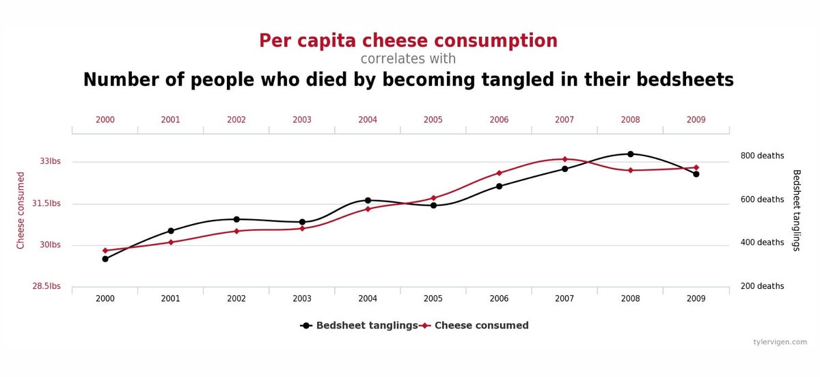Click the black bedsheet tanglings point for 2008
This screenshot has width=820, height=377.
point(630,154)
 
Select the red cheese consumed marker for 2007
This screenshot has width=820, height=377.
point(564,159)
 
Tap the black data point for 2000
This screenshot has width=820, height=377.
point(105,259)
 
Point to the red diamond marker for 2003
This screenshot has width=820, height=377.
point(302,228)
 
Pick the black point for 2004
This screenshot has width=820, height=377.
point(368,201)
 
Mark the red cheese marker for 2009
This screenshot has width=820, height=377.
point(696,167)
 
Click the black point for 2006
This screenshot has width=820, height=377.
point(499,186)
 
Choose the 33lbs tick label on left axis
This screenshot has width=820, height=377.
point(50,162)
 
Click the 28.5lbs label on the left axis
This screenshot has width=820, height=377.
point(46,286)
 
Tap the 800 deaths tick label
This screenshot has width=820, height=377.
point(762,156)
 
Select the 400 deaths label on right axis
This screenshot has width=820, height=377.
point(762,242)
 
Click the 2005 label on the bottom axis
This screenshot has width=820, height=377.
point(433,298)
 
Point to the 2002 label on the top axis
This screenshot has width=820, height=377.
point(236,120)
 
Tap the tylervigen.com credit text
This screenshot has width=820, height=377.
point(780,342)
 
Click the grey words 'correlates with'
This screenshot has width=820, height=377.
point(408,59)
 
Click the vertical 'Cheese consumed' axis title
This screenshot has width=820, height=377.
point(20,210)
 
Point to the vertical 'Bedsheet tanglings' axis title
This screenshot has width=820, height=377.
point(796,210)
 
